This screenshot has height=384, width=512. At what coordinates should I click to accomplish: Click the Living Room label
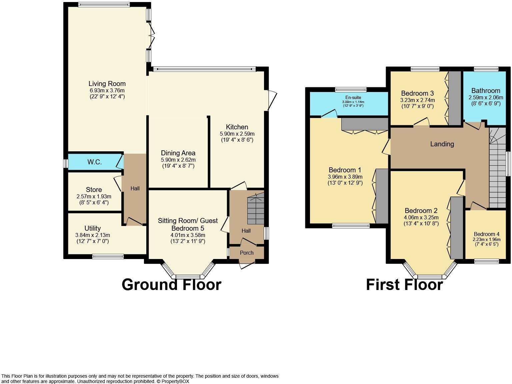point(107,84)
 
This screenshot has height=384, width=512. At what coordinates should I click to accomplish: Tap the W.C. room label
point(94,162)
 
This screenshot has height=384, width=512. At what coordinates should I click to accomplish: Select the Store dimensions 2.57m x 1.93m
point(94,196)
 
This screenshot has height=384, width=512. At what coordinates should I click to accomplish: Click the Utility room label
point(92,228)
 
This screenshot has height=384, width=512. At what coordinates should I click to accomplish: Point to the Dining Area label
point(178,153)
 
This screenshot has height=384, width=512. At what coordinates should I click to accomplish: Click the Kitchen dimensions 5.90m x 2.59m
point(237,134)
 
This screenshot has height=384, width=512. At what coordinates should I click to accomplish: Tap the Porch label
point(247,253)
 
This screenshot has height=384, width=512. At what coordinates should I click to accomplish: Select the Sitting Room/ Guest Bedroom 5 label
point(188,224)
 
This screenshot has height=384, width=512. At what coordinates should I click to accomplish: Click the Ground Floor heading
point(171,285)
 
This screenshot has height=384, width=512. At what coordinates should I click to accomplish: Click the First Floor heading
point(404,285)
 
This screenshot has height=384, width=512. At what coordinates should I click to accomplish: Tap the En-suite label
point(353,98)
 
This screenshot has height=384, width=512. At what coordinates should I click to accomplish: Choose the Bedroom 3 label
point(417,93)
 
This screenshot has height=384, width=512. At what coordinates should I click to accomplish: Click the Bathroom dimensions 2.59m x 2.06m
point(486,97)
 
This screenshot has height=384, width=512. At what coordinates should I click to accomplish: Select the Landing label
point(442,144)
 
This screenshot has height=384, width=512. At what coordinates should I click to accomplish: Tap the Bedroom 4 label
point(486,234)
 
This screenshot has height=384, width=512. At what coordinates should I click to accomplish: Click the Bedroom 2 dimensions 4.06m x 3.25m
point(421,217)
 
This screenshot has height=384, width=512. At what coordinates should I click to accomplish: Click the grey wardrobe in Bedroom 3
point(454,98)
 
